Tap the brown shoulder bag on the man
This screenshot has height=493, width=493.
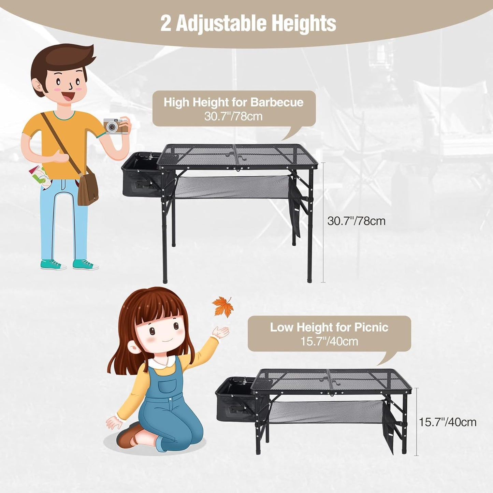pos(88,188)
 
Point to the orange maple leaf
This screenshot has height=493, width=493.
pos(222,306)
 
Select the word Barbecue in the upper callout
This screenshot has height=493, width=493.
pos(277,102)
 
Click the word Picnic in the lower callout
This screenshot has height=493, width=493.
pos(371,327)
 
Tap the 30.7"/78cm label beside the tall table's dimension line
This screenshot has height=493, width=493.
pos(356,221)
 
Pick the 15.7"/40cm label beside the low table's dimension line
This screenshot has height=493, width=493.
pos(447,422)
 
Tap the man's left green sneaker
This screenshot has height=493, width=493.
pos(53,264)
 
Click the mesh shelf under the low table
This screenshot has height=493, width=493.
pos(326,412)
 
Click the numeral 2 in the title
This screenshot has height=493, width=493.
pos(165,24)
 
